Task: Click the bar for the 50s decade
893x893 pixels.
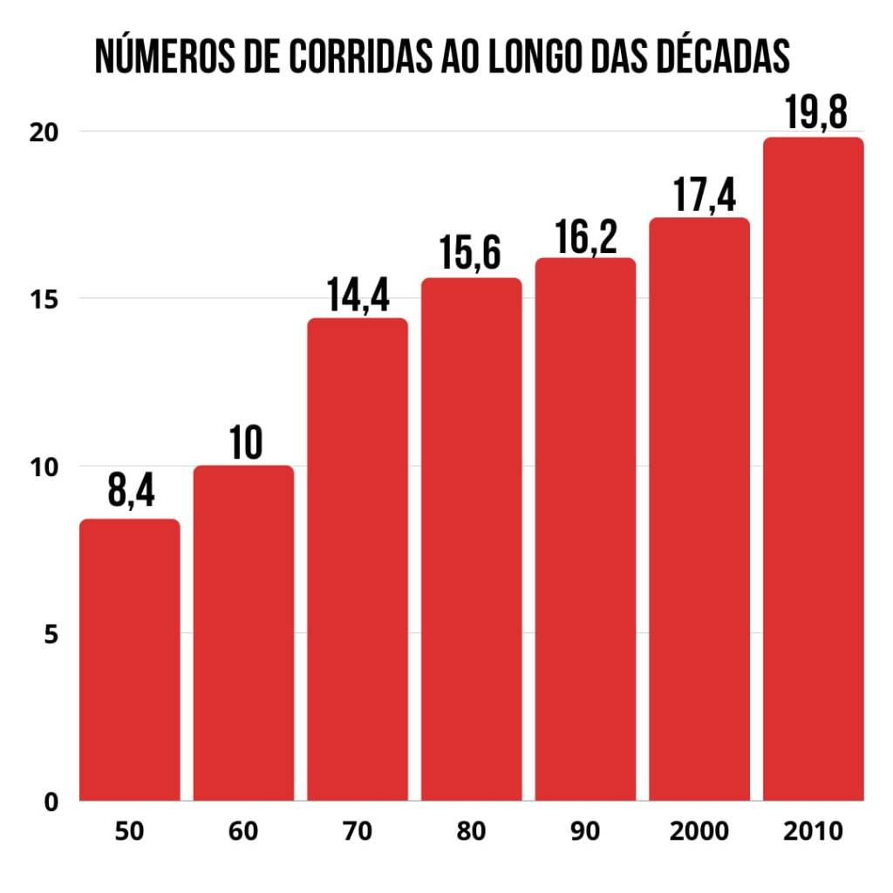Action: pyautogui.click(x=130, y=659)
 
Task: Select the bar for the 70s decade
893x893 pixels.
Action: pyautogui.click(x=358, y=559)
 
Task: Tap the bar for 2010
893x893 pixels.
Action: pyautogui.click(x=813, y=468)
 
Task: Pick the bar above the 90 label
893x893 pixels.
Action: pyautogui.click(x=585, y=528)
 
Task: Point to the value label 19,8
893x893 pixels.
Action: pyautogui.click(x=813, y=112)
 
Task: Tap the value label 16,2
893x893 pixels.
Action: pyautogui.click(x=585, y=235)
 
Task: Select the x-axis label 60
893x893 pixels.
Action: pyautogui.click(x=243, y=831)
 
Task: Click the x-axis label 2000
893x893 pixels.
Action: pyautogui.click(x=699, y=831)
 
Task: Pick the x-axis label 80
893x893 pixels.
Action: pyautogui.click(x=472, y=831)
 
